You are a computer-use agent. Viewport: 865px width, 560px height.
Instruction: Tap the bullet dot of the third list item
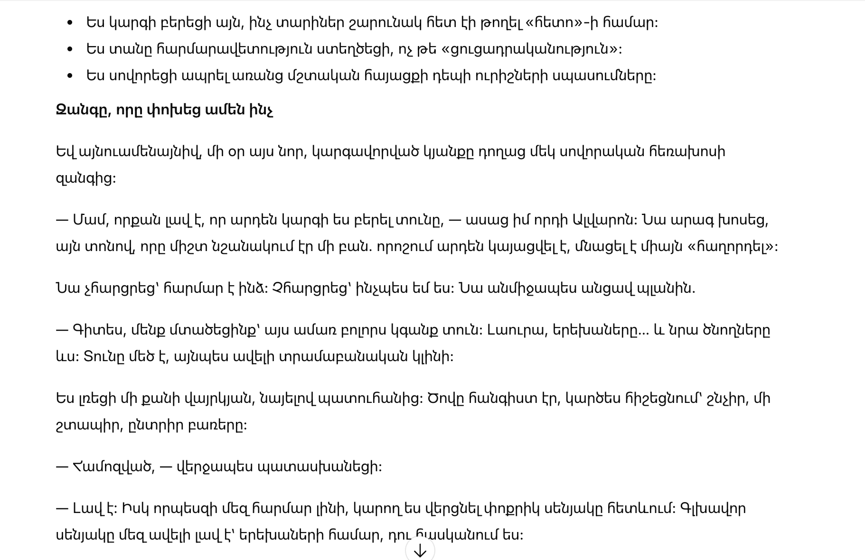[70, 75]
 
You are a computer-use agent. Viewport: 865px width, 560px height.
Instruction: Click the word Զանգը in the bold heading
[83, 110]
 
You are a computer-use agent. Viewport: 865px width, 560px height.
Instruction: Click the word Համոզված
[113, 467]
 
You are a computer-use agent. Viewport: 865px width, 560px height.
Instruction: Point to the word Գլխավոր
[713, 509]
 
